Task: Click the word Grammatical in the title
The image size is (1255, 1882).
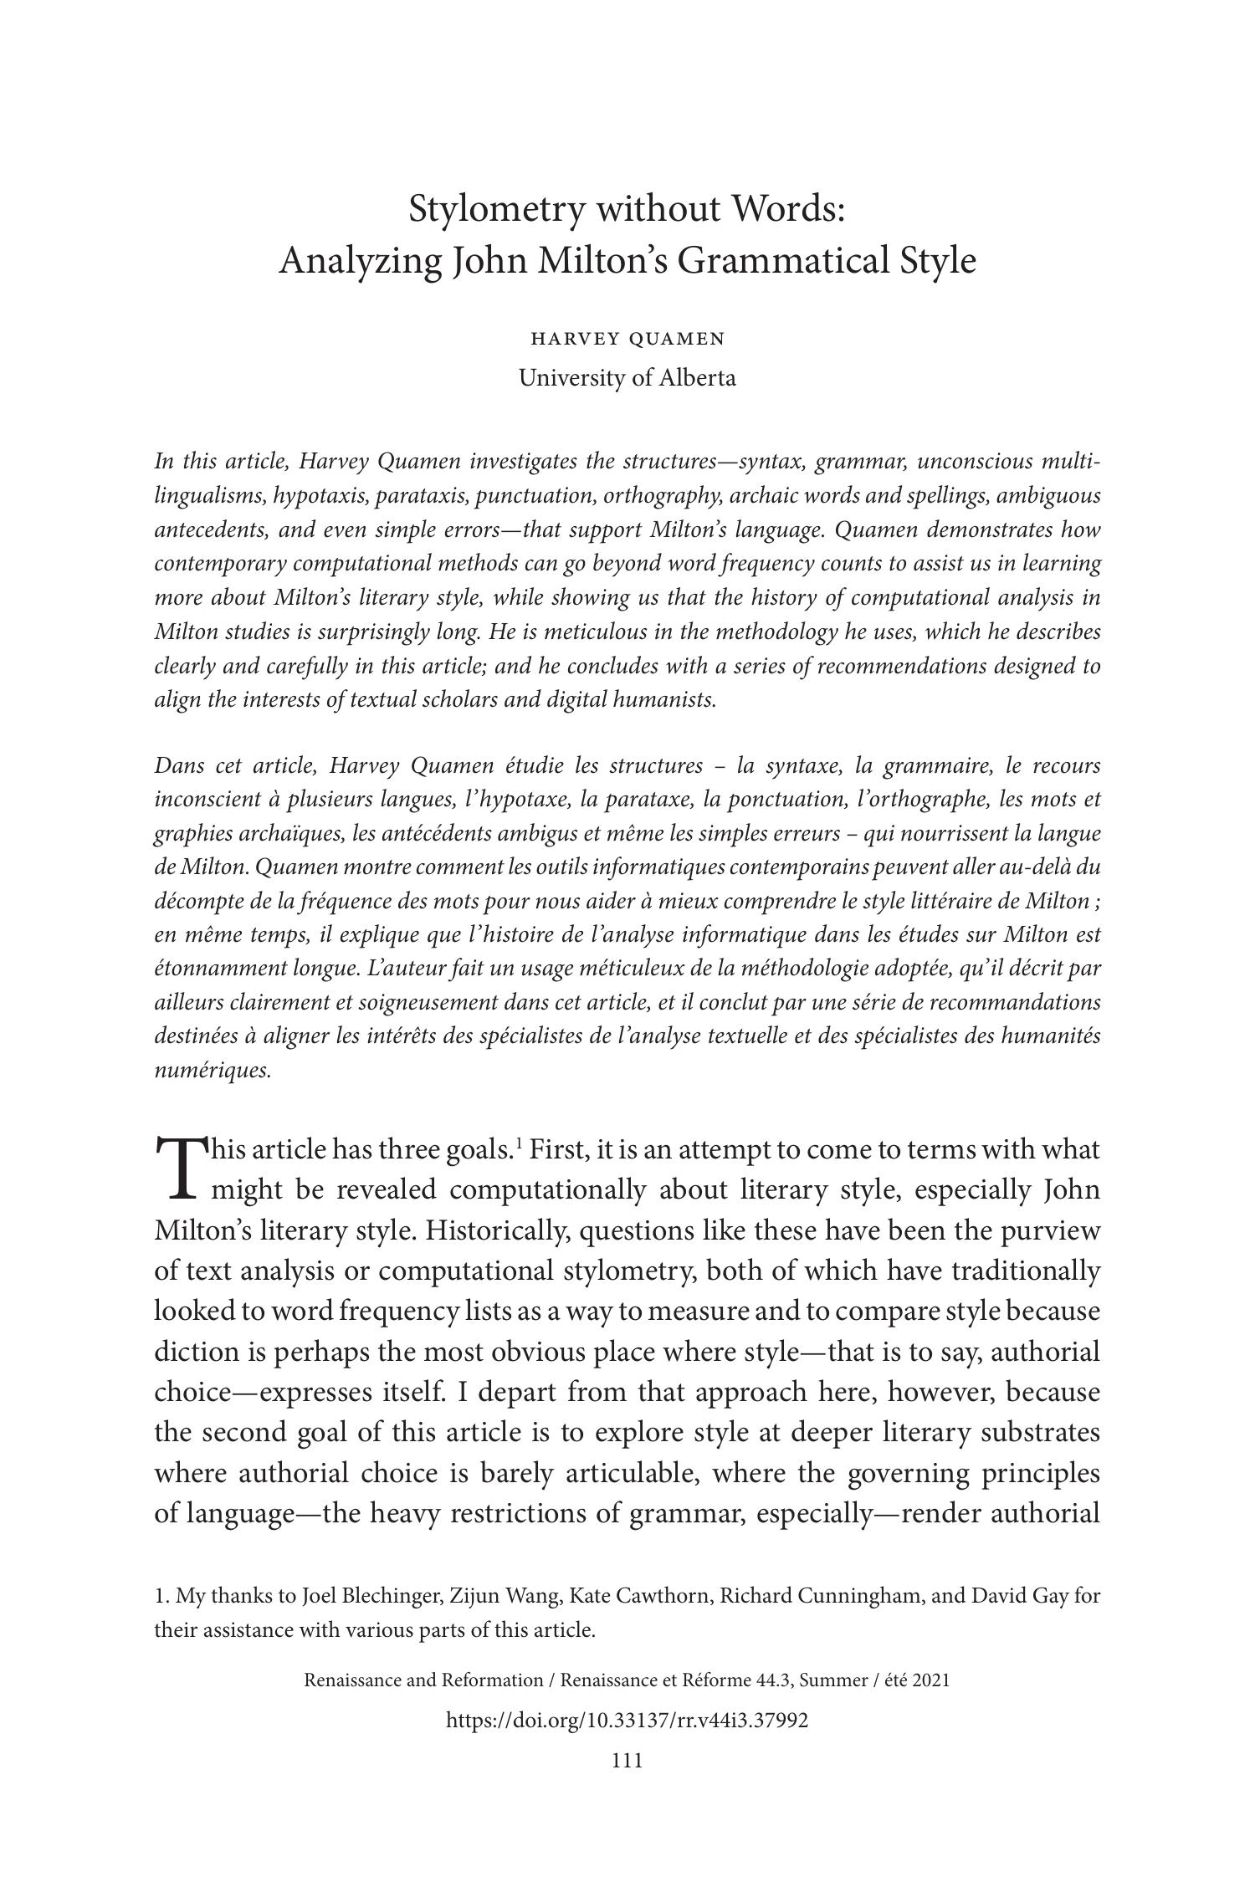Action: pyautogui.click(x=782, y=261)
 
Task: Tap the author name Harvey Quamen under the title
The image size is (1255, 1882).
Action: pyautogui.click(x=627, y=339)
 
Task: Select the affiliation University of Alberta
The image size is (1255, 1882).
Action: pyautogui.click(x=627, y=378)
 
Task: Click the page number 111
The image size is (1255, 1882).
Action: pyautogui.click(x=627, y=1760)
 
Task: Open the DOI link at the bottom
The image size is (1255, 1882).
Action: pyautogui.click(x=627, y=1720)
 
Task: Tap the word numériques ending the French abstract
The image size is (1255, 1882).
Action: pyautogui.click(x=213, y=1071)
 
